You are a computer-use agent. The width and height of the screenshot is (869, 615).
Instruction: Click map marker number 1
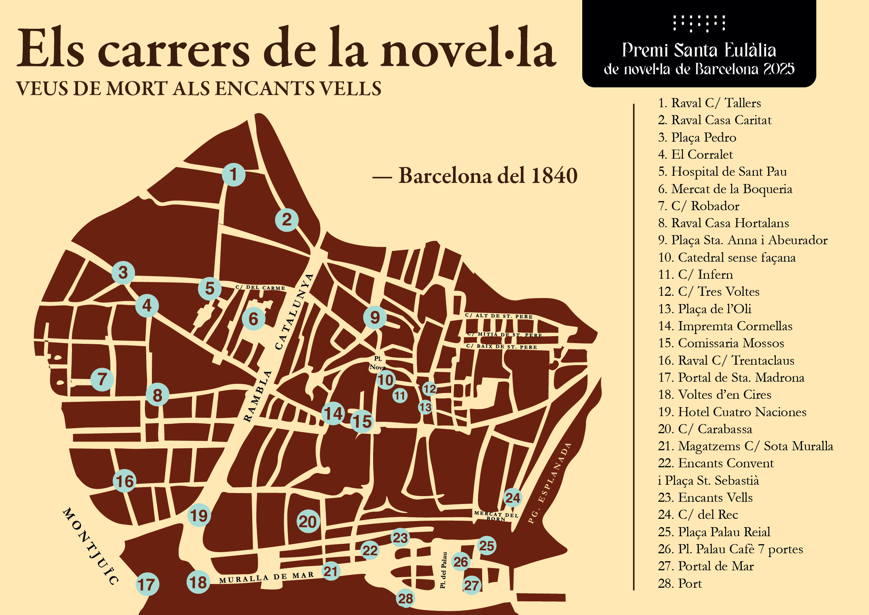coord(233,175)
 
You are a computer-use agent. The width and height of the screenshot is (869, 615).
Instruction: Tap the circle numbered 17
coord(147,584)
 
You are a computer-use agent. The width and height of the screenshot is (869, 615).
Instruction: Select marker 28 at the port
coord(406,598)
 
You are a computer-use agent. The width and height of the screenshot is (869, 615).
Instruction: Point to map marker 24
coord(513,498)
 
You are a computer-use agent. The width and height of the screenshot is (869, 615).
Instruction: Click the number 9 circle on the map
coord(375,317)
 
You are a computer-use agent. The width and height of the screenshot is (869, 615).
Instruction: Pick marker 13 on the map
coord(425,407)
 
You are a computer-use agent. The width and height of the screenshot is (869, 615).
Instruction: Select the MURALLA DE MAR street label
coord(266,578)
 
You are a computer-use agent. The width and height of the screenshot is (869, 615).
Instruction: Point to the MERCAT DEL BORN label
coord(496,516)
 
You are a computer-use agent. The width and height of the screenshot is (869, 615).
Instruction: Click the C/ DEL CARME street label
coord(260,288)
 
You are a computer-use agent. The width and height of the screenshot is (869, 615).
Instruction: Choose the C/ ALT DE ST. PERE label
coord(499,316)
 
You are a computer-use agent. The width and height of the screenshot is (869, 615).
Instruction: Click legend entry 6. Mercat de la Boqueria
coord(725,189)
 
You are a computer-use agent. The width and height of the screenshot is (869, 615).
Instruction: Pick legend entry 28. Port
coord(680,583)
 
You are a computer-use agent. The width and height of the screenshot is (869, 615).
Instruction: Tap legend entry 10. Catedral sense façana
coord(727,258)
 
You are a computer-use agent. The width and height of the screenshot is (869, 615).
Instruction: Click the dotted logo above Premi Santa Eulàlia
coord(699,23)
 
